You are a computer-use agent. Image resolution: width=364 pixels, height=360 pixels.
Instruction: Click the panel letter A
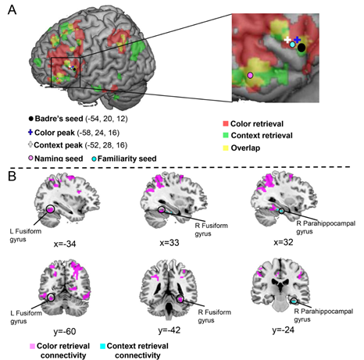12,10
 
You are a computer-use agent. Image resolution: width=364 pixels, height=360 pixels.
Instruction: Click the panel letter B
12,176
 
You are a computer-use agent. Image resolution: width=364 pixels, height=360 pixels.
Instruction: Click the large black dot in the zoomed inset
302,48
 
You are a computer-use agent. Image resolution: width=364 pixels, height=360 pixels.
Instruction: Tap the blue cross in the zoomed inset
297,40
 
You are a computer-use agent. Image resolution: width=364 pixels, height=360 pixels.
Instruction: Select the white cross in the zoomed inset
287,40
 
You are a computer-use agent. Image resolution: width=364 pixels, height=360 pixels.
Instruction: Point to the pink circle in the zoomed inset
250,75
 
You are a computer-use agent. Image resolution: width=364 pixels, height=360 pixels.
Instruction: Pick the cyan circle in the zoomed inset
292,45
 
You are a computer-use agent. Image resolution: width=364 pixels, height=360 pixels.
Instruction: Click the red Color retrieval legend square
226,123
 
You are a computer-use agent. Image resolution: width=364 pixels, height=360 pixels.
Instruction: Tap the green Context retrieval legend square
226,135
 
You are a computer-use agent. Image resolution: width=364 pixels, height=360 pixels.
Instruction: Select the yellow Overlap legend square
226,148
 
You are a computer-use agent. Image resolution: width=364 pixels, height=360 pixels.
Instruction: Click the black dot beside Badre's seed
31,119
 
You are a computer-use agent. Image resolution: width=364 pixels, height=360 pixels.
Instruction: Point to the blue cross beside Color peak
30,132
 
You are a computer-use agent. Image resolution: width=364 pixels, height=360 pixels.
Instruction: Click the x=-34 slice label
65,244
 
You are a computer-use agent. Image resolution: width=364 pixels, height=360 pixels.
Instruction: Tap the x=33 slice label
170,243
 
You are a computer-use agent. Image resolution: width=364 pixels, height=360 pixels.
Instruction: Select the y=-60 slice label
65,332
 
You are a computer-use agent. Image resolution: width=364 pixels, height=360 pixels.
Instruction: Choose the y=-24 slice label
284,330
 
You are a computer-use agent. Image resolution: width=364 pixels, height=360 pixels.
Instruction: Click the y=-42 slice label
170,330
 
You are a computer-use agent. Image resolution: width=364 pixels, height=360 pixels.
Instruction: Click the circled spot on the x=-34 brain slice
50,209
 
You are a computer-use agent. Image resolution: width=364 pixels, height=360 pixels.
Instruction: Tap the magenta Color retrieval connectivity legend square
33,347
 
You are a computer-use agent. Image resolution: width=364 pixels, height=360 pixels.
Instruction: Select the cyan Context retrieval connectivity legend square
103,347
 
